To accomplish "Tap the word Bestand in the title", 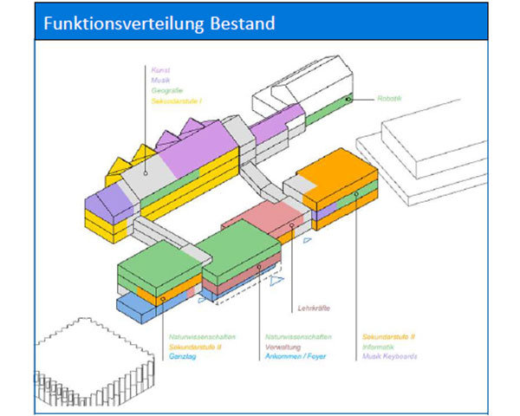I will click(x=243, y=23).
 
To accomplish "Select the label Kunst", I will click(x=160, y=69).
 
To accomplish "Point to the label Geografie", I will click(x=167, y=90).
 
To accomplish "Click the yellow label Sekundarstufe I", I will click(x=176, y=101).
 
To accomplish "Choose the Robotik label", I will click(x=389, y=99).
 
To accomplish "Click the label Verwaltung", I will click(x=283, y=345).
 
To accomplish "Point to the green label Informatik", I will click(x=379, y=345).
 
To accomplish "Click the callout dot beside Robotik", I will click(x=348, y=100).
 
